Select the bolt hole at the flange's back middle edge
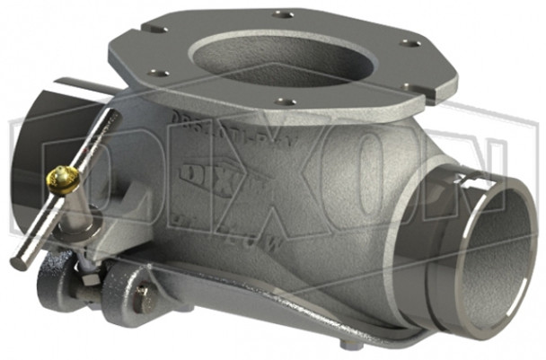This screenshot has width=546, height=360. [x=284, y=14]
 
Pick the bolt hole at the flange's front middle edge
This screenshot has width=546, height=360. [x=285, y=101]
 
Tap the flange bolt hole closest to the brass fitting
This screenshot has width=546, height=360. [x=158, y=73]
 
